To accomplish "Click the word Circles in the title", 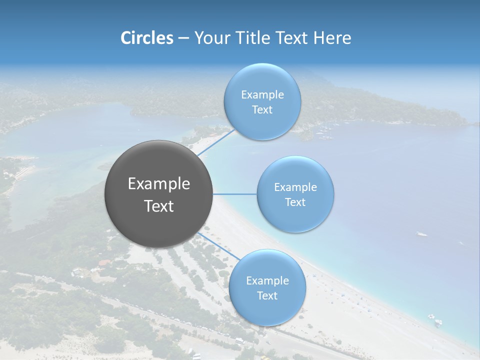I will click(147, 38).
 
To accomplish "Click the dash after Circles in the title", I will click(183, 38).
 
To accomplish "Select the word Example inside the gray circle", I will click(159, 184).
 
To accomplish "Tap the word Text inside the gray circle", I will click(159, 206).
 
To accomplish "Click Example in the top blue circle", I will click(262, 95).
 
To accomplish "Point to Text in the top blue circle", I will click(262, 110).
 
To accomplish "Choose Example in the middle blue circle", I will click(295, 187).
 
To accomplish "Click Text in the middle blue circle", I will click(295, 202).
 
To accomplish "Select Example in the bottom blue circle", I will click(267, 281).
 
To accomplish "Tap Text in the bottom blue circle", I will click(267, 296).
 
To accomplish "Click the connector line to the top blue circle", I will click(217, 142).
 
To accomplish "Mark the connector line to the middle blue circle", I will click(235, 194).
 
